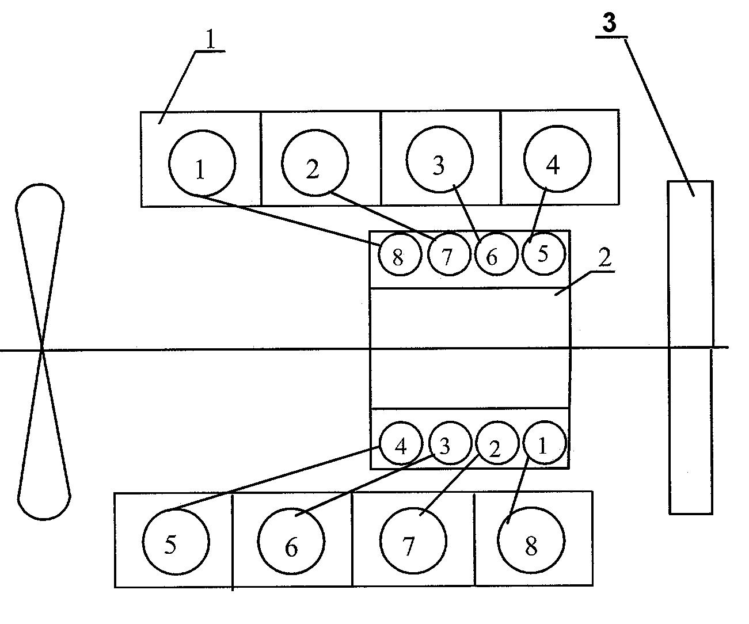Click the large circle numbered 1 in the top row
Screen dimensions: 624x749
coord(202,163)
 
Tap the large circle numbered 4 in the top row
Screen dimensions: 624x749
coord(557,159)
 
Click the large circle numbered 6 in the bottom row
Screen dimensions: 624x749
coord(291,542)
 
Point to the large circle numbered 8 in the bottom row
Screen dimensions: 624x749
coord(531,542)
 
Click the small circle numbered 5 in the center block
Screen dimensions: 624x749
coord(544,253)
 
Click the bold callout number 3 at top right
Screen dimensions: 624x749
coord(609,23)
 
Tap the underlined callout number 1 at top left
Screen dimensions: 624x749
coord(211,40)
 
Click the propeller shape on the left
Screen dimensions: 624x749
coord(43,351)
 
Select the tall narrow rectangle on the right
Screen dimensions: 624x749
coord(690,347)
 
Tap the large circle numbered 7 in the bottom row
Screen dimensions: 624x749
coord(413,542)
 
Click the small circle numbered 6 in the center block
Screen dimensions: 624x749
coord(495,255)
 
